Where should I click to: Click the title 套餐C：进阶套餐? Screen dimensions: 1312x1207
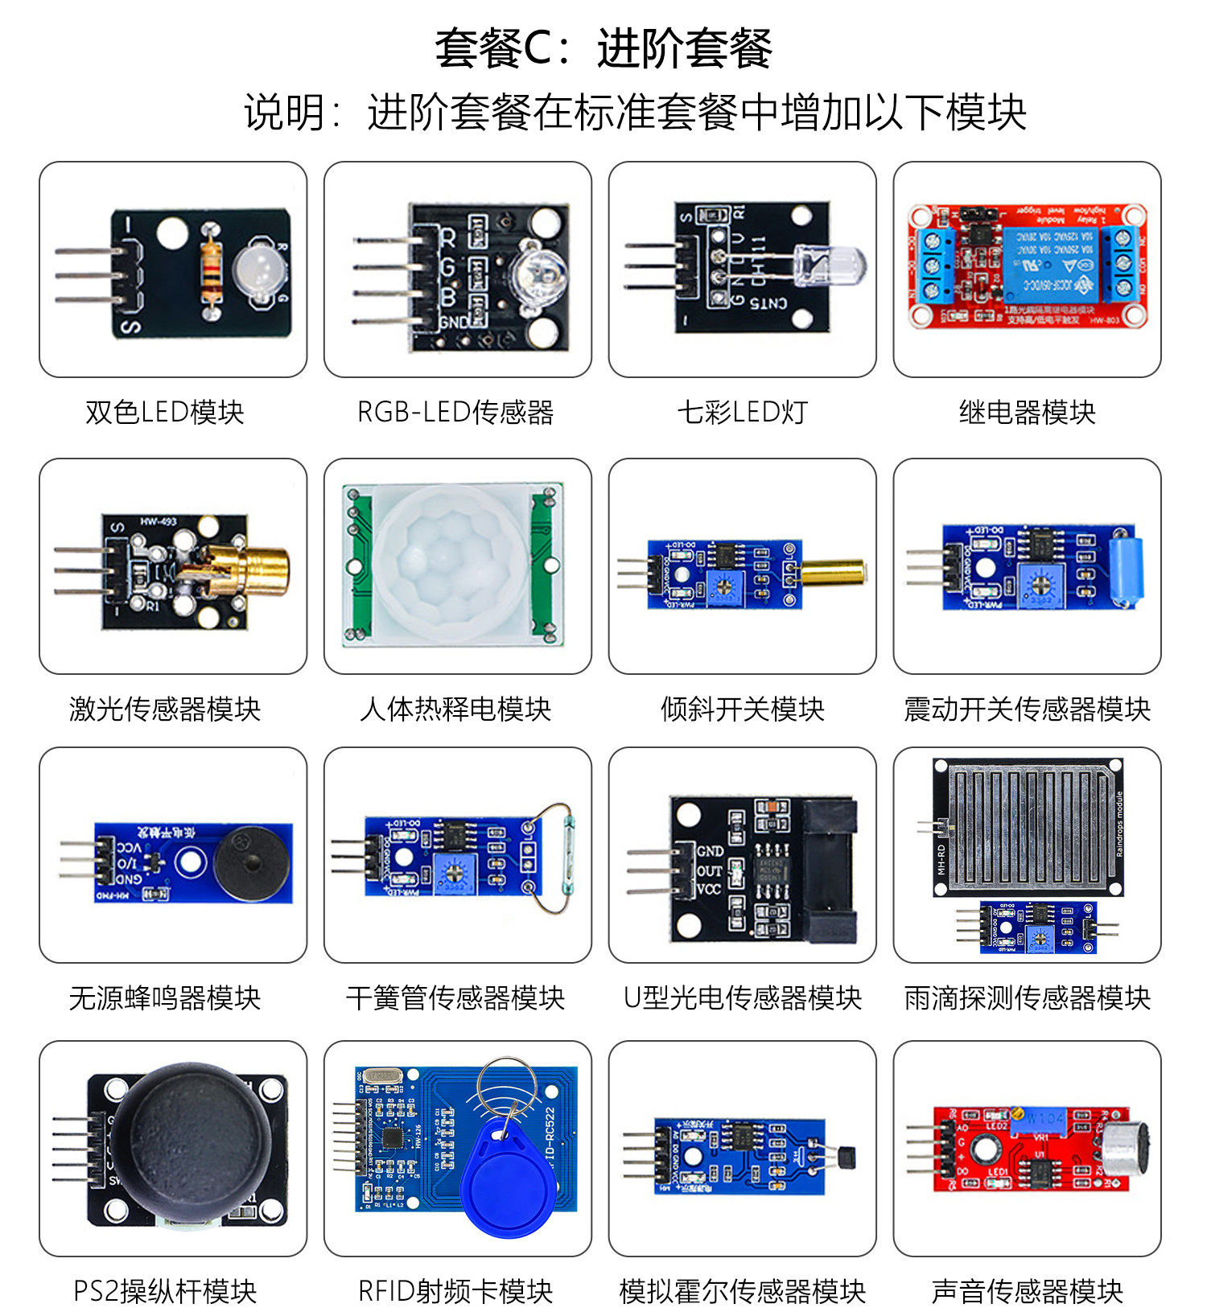point(603,48)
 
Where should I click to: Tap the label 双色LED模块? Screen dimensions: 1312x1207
point(165,413)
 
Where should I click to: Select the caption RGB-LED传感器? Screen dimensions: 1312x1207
point(455,413)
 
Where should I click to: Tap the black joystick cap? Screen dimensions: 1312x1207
point(192,1142)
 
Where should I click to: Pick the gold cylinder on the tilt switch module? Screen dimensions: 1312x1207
point(834,572)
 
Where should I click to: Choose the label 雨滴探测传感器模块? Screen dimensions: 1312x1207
point(1028,998)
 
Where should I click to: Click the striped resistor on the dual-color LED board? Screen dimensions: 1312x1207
point(212,264)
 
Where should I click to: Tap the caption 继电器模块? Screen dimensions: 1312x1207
point(1028,413)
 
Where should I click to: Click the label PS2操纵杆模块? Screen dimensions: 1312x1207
point(165,1291)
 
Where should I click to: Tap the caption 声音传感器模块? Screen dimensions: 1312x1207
point(1028,1291)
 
